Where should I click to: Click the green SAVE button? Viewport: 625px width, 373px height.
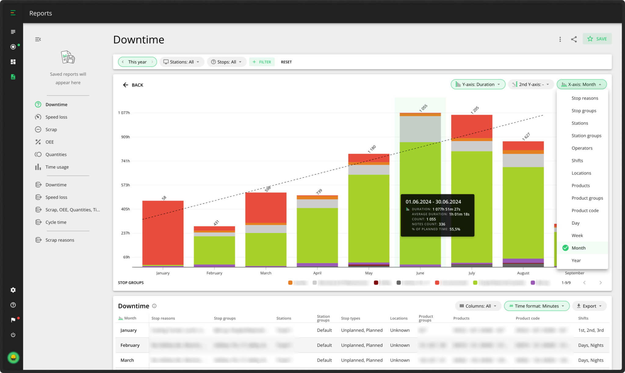tap(597, 39)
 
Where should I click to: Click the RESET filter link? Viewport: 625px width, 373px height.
tap(286, 62)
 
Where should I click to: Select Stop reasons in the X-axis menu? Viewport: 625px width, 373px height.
tap(584, 98)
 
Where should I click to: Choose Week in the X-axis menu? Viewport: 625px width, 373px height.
tap(577, 235)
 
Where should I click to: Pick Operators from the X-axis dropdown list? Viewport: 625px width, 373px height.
tap(582, 148)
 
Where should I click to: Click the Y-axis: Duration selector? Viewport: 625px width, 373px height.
tap(478, 84)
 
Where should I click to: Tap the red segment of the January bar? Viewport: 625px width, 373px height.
tap(163, 232)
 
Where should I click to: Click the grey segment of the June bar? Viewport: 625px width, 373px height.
tap(420, 129)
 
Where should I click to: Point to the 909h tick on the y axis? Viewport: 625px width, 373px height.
tap(125, 137)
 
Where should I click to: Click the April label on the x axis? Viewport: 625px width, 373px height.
tap(317, 273)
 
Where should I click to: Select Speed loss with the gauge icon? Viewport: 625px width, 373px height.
tap(56, 117)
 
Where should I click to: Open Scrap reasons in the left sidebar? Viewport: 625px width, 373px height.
tap(60, 240)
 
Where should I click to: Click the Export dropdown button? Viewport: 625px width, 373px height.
tap(589, 306)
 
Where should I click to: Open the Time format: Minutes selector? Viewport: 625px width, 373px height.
tap(536, 306)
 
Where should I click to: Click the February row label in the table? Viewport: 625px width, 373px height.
tap(130, 345)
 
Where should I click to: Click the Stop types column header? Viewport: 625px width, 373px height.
tap(350, 318)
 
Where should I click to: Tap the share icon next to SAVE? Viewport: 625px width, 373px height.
tap(574, 39)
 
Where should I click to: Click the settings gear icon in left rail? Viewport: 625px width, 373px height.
tap(13, 290)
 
